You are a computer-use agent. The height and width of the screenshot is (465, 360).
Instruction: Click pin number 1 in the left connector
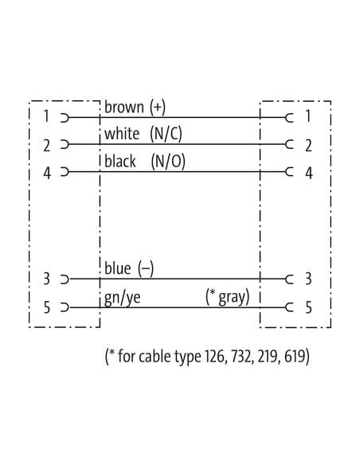[x=46, y=116]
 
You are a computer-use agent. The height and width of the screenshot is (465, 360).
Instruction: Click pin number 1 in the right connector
[x=308, y=115]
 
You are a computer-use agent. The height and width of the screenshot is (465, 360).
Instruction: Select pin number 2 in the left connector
[x=47, y=146]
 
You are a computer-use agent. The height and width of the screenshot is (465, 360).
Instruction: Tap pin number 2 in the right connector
[x=309, y=146]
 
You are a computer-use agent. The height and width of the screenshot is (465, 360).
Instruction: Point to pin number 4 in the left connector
[x=47, y=173]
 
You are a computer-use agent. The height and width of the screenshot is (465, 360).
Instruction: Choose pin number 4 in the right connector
[x=309, y=173]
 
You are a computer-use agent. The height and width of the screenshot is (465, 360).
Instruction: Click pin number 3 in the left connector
[x=46, y=279]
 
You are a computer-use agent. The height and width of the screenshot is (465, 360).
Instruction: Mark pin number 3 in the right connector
[x=308, y=279]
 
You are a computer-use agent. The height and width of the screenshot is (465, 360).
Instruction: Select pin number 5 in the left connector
[x=47, y=307]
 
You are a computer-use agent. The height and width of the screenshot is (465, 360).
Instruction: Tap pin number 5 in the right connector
[x=309, y=307]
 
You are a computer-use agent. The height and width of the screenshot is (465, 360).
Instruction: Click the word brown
[x=124, y=107]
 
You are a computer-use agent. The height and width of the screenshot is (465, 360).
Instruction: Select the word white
[x=122, y=134]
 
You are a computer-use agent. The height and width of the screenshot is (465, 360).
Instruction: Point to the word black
[x=120, y=162]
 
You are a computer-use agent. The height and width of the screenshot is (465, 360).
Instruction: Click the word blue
[x=118, y=268]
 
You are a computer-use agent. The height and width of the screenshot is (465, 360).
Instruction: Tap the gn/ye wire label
[x=123, y=298]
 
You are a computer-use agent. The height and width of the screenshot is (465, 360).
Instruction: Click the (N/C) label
[x=166, y=134]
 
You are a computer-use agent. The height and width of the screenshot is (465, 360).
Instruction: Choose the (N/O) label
[x=168, y=162]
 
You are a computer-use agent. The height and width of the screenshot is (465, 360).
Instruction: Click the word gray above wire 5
[x=233, y=298]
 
